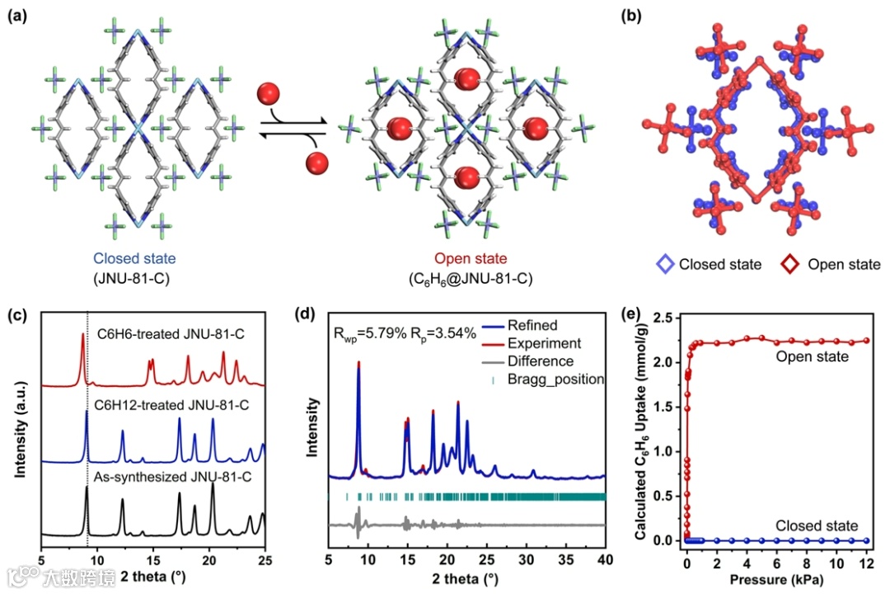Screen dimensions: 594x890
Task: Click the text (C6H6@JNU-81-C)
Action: tap(470, 278)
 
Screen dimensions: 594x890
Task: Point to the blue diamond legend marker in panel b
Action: tap(667, 265)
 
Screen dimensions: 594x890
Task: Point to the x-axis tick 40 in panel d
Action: tap(605, 559)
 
